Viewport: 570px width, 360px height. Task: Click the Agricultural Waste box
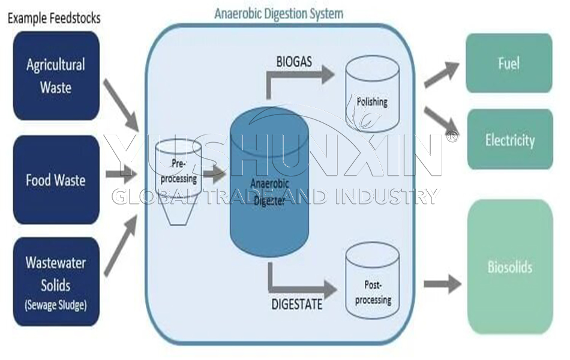tap(56, 76)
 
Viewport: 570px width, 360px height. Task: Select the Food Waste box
tap(56, 179)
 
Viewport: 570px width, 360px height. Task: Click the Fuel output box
tap(509, 63)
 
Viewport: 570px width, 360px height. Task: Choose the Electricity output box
tap(509, 140)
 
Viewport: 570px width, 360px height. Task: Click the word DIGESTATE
tap(297, 304)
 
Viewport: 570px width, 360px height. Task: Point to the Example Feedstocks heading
tap(53, 18)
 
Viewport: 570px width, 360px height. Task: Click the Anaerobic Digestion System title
tap(279, 13)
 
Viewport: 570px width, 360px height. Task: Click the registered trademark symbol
tap(452, 137)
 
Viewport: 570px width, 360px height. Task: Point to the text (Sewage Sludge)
tap(56, 304)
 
